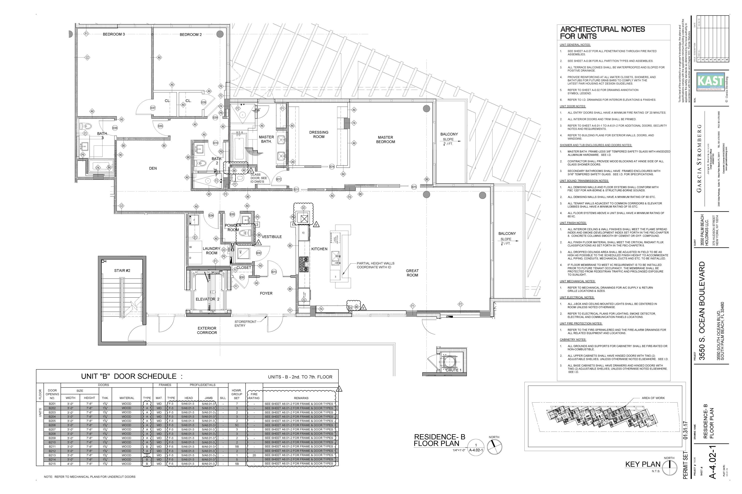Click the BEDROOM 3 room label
[114, 34]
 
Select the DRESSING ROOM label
[319, 135]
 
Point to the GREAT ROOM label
[412, 273]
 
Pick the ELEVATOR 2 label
[207, 299]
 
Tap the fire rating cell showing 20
[254, 455]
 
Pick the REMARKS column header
[301, 398]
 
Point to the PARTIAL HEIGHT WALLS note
[375, 265]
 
